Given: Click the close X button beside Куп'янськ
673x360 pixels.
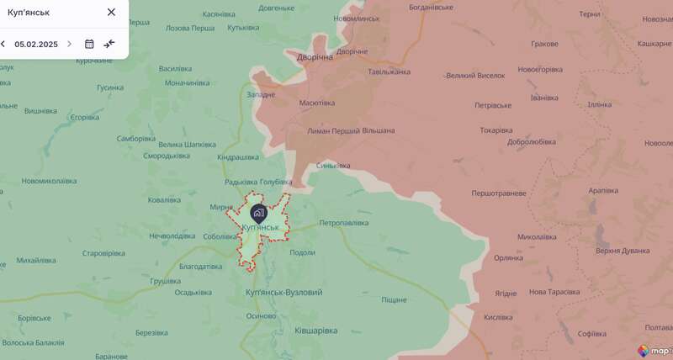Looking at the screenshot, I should [111, 13].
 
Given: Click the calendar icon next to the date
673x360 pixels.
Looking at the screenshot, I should [89, 44].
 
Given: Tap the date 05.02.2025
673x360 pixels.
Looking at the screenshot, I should [36, 44].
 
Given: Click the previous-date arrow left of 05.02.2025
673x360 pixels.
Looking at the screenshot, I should [3, 44].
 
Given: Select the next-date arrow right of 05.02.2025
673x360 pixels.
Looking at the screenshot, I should [70, 44].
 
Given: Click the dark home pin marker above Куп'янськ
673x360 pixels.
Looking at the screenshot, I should [258, 213].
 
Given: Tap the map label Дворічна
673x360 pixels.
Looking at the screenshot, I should [315, 58].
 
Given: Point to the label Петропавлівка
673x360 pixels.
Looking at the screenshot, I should [344, 223].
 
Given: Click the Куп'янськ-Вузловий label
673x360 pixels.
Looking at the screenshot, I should [284, 292].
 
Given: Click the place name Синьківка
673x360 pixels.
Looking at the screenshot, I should [333, 165].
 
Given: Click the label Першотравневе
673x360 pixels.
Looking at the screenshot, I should [498, 193].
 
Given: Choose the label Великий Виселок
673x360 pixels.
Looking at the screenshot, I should [475, 76].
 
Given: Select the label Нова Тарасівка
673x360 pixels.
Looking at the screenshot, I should [554, 292].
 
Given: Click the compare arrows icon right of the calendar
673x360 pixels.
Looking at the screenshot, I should [109, 44].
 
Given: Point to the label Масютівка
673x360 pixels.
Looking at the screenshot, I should [317, 103].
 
